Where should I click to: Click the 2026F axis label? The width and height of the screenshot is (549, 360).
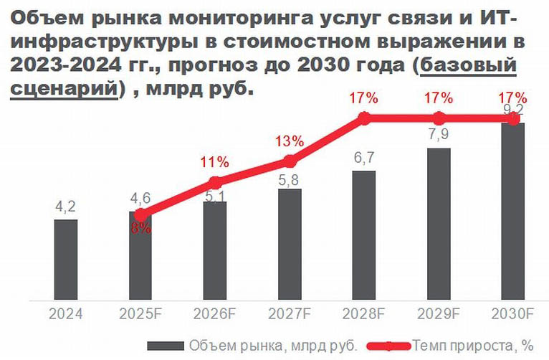point(215,313)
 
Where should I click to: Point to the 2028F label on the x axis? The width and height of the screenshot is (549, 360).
point(364,313)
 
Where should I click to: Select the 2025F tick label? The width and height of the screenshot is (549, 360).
point(140,313)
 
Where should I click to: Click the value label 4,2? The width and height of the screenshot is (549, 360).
point(66,208)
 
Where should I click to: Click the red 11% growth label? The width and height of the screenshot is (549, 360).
point(215,161)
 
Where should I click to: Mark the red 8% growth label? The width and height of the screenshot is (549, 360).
point(141,229)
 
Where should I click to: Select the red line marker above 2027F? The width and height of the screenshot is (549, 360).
point(290,161)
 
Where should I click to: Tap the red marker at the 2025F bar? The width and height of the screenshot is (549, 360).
point(140,214)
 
